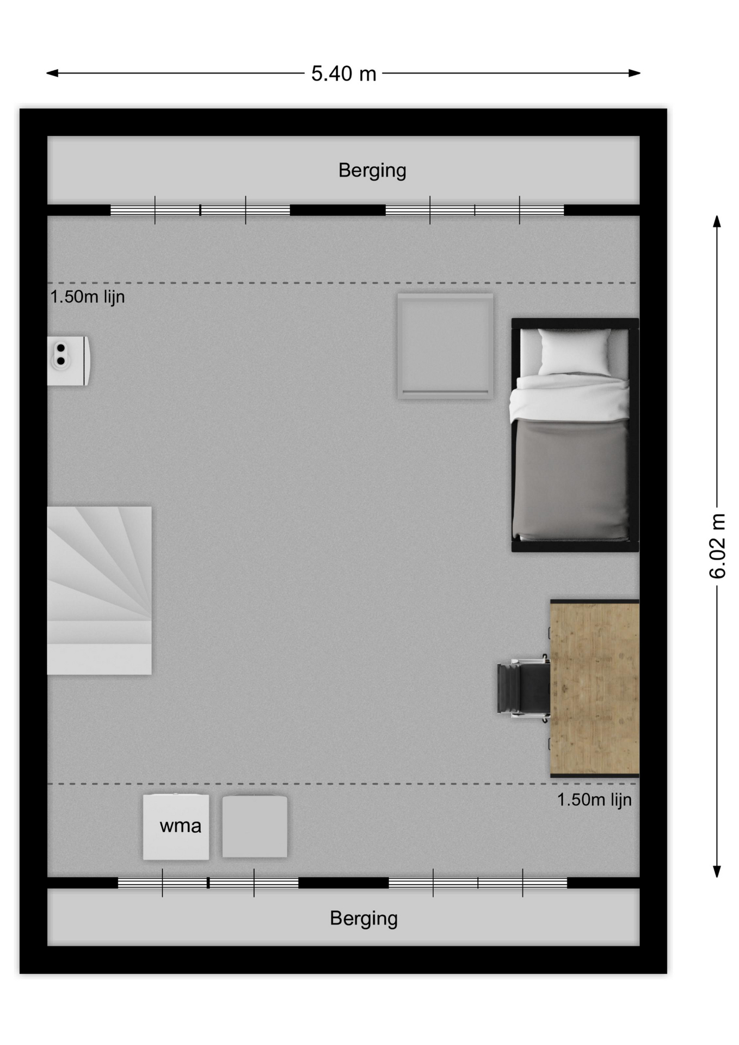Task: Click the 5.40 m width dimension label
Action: [x=343, y=73]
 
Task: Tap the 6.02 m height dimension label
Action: [x=717, y=546]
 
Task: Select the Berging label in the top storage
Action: [x=372, y=170]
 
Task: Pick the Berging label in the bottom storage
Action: [x=364, y=918]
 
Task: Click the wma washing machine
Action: [x=176, y=827]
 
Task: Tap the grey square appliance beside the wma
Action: [x=255, y=827]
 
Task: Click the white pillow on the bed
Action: [x=575, y=352]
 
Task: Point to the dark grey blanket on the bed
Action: [x=572, y=479]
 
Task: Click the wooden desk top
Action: [x=594, y=688]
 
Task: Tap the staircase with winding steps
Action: [x=99, y=591]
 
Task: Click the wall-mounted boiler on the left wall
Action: [x=69, y=361]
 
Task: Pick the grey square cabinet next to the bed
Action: [x=445, y=346]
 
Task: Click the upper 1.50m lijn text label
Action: [x=88, y=297]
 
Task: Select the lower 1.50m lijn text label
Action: [x=594, y=800]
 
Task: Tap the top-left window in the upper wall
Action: [x=200, y=210]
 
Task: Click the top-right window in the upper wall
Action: [x=475, y=210]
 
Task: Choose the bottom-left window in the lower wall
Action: [x=208, y=883]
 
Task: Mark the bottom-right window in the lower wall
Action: [x=478, y=883]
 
